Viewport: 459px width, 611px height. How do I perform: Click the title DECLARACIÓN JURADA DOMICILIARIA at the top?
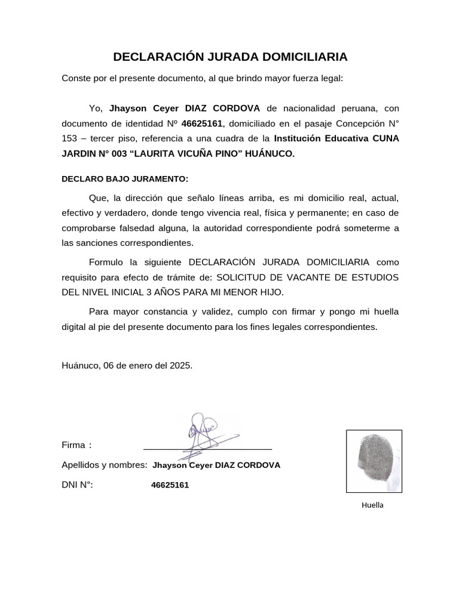230,57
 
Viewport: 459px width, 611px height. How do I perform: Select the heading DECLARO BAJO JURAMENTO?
125,179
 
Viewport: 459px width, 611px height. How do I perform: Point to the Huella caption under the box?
372,505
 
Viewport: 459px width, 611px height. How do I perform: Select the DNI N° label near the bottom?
77,485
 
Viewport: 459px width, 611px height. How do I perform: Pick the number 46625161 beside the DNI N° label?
170,485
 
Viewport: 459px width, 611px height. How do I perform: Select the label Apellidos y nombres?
104,465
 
